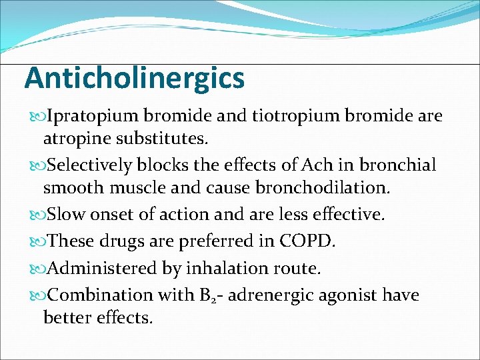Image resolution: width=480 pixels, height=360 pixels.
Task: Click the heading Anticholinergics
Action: point(135,79)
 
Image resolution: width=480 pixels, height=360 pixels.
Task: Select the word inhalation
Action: point(227,268)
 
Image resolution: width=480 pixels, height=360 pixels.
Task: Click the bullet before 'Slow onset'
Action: point(36,215)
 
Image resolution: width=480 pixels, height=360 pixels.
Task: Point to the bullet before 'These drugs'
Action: point(36,241)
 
